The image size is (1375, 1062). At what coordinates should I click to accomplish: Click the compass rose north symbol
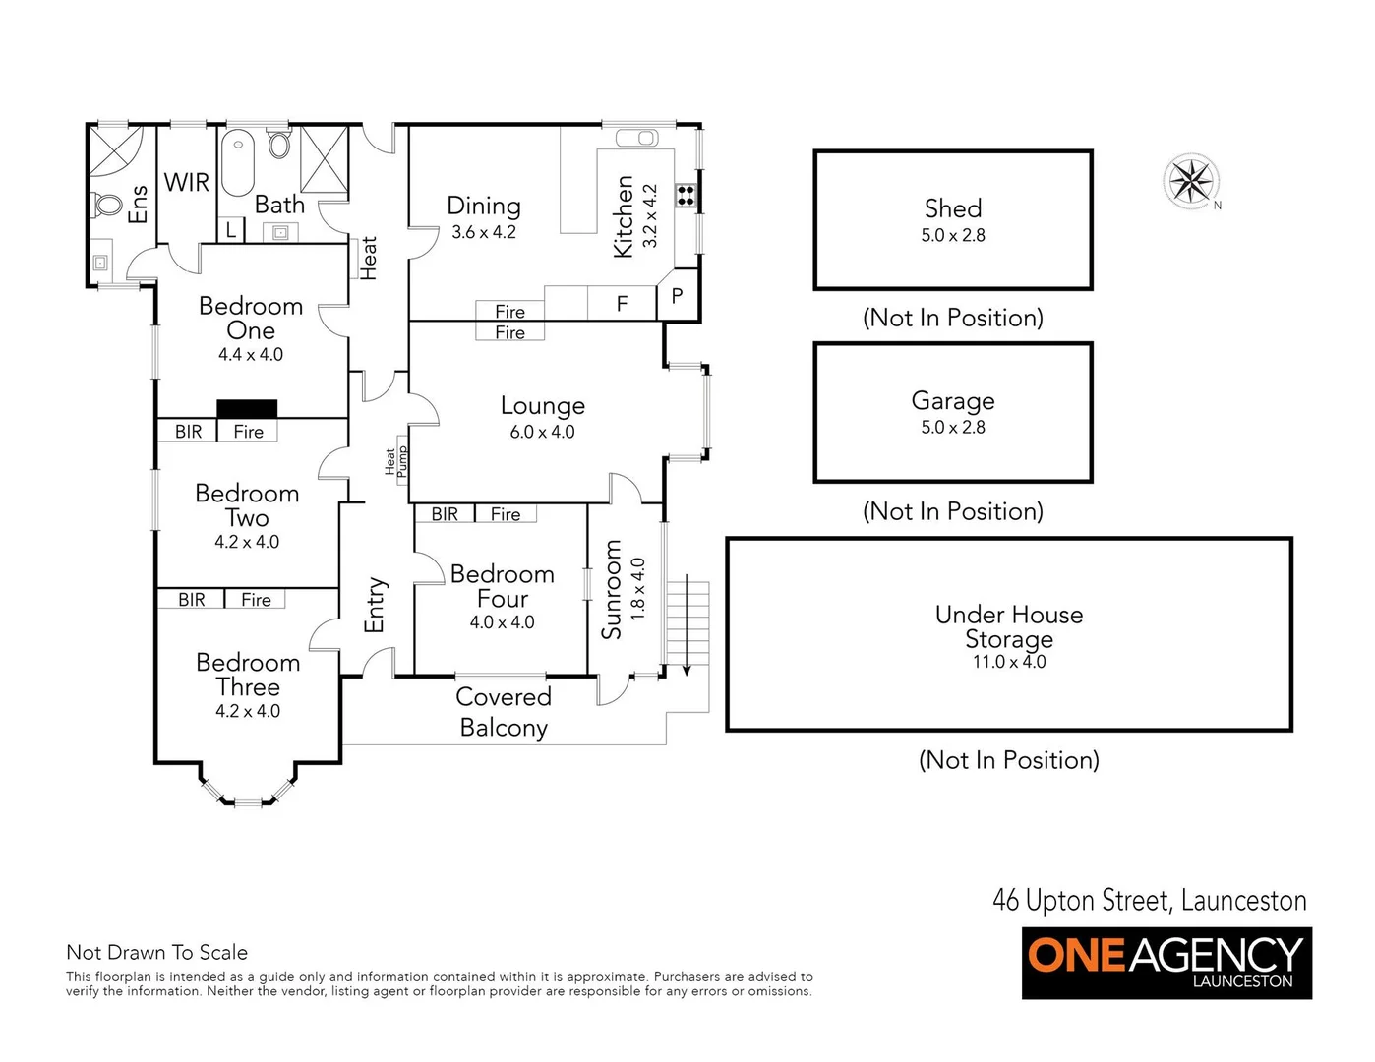pyautogui.click(x=1191, y=181)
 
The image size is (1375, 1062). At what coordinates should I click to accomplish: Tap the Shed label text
pyautogui.click(x=952, y=208)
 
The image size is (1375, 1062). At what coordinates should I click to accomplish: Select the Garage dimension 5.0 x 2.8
pyautogui.click(x=952, y=428)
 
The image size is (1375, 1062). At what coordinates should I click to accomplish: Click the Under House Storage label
pyautogui.click(x=1008, y=626)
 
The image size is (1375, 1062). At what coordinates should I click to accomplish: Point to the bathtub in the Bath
pyautogui.click(x=237, y=164)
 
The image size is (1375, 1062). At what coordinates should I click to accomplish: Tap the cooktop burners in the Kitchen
pyautogui.click(x=686, y=195)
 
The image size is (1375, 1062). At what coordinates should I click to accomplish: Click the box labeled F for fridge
pyautogui.click(x=622, y=304)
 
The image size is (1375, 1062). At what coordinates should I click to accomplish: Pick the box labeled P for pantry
pyautogui.click(x=677, y=296)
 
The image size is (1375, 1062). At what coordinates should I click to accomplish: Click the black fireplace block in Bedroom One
pyautogui.click(x=247, y=409)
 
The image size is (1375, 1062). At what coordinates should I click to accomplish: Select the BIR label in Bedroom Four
pyautogui.click(x=445, y=514)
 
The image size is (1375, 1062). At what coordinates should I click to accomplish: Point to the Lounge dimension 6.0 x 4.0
pyautogui.click(x=542, y=432)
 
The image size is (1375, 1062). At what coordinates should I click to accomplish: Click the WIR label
pyautogui.click(x=186, y=183)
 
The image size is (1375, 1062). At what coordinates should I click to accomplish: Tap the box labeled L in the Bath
pyautogui.click(x=230, y=230)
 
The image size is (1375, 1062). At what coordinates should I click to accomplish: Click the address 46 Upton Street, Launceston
pyautogui.click(x=1149, y=900)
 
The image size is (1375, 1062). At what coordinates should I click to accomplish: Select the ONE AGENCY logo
pyautogui.click(x=1166, y=963)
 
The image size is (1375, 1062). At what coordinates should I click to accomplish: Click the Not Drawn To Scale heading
pyautogui.click(x=156, y=952)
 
